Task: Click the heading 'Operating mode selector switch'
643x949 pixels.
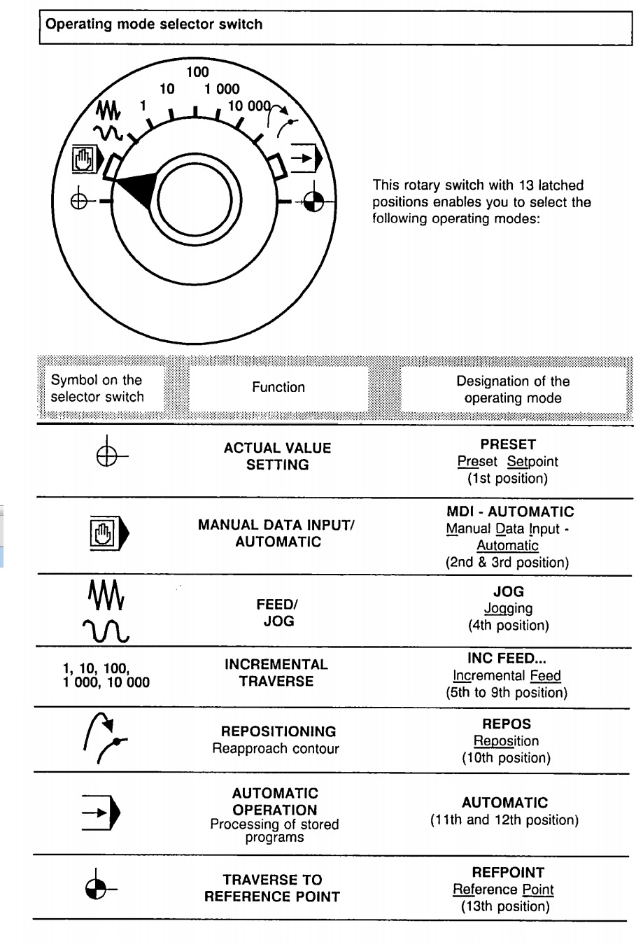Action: tap(154, 24)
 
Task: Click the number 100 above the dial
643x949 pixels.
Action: tap(197, 71)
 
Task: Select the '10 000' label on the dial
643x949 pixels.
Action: tap(249, 106)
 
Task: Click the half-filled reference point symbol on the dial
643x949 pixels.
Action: tap(313, 202)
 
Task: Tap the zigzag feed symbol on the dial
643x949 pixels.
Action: tap(108, 109)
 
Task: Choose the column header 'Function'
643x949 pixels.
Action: tap(278, 387)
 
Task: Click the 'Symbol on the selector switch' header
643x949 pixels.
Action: tap(97, 388)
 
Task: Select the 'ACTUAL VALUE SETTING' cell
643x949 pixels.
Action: tap(278, 456)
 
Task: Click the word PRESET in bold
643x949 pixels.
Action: tap(508, 444)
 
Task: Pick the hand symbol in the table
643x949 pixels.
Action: tap(104, 534)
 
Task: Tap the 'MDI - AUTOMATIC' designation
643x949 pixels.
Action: tap(510, 512)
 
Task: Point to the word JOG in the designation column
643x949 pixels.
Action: tap(509, 591)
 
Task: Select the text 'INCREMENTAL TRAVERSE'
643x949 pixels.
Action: tap(276, 673)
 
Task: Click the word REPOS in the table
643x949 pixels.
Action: tap(507, 724)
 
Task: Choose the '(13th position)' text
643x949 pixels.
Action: tap(505, 906)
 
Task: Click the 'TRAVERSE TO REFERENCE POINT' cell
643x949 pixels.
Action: tap(272, 888)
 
